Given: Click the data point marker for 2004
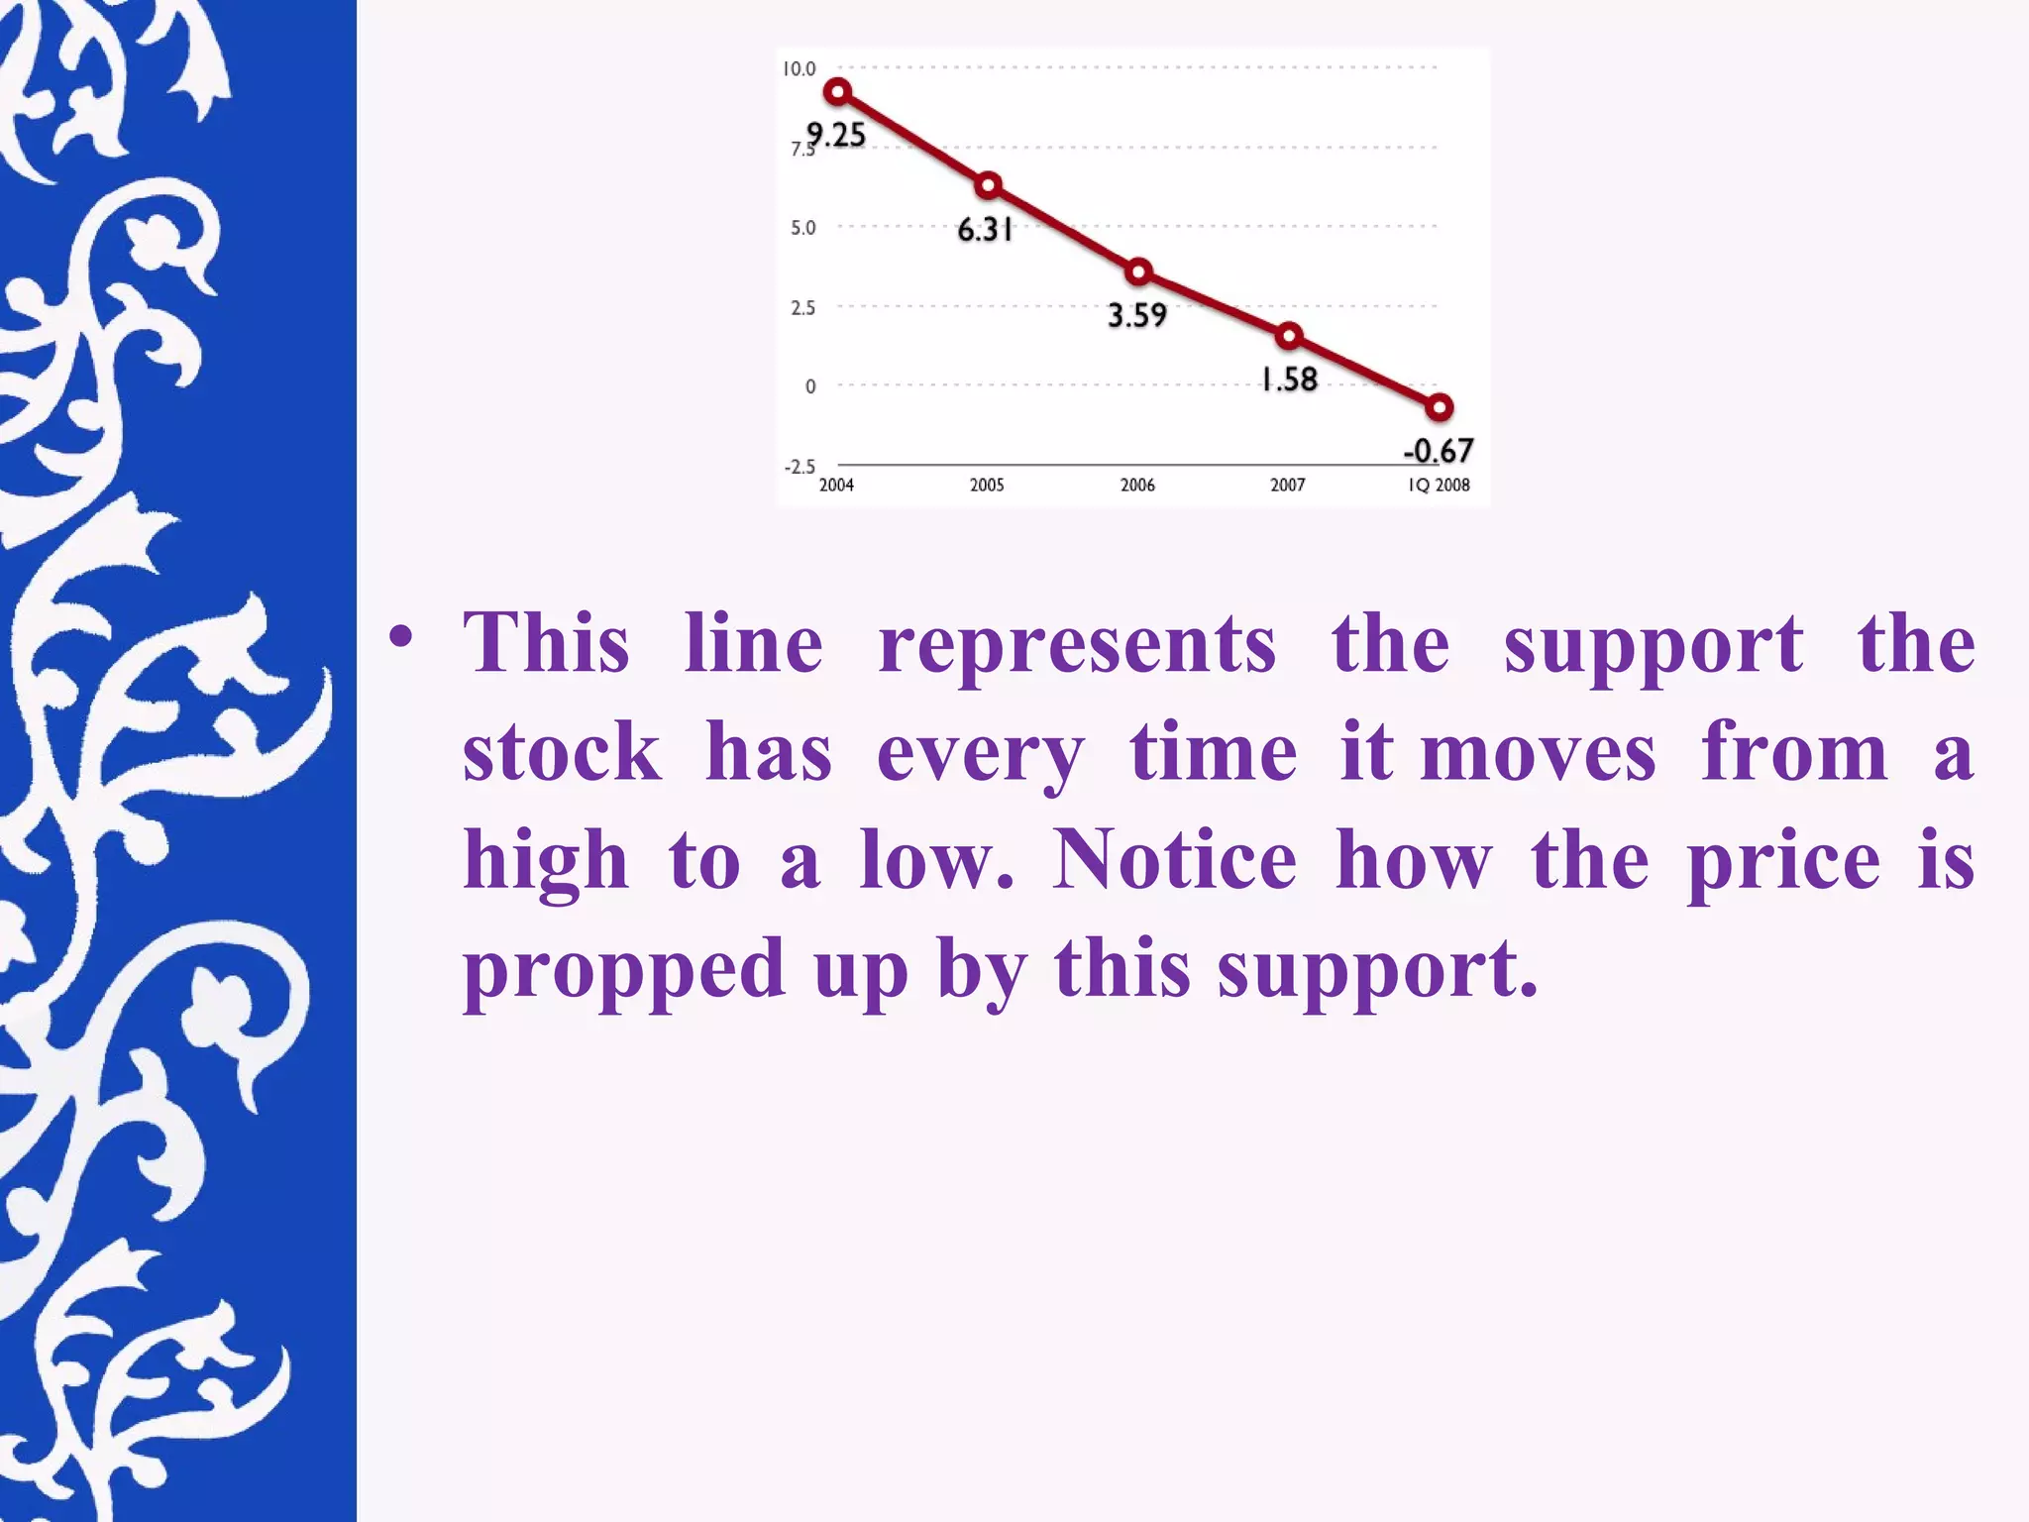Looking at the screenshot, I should [x=838, y=92].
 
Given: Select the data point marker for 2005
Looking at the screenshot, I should [x=988, y=185].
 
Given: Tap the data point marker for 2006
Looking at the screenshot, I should [x=1138, y=272].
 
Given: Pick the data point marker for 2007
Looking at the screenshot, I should [x=1289, y=336].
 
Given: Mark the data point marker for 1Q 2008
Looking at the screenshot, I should [x=1440, y=407].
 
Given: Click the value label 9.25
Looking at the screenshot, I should [x=836, y=134].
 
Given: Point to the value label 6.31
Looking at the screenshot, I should [x=985, y=230].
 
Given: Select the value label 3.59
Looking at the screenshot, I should [x=1136, y=315].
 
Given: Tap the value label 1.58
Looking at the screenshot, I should [x=1289, y=379].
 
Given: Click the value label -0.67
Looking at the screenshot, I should [x=1439, y=451].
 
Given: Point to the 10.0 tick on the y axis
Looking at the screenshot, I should [x=800, y=68].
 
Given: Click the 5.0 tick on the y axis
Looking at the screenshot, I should [x=802, y=228].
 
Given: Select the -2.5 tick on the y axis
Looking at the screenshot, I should [x=800, y=467].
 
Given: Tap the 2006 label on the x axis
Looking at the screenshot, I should [x=1137, y=485].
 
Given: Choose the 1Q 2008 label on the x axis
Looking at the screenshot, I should [x=1439, y=485].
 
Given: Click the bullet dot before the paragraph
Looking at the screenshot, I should [x=400, y=637].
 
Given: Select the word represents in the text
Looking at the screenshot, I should [x=1077, y=645].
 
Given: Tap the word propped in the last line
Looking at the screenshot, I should [x=624, y=969].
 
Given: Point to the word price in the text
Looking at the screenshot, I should [x=1783, y=861].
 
